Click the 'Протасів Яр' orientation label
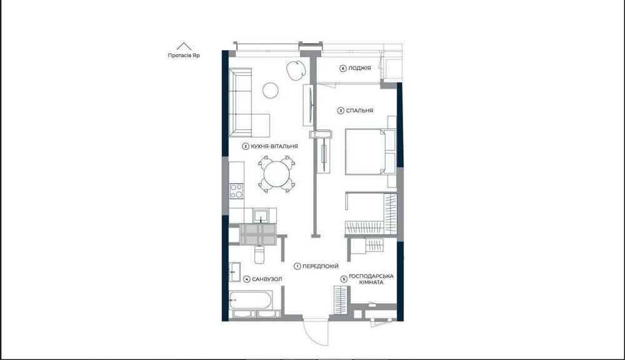pyautogui.click(x=184, y=56)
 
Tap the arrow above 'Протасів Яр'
pyautogui.click(x=184, y=46)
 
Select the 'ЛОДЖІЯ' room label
pyautogui.click(x=359, y=68)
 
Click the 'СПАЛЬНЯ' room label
pyautogui.click(x=359, y=111)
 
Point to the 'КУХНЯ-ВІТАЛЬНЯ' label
pyautogui.click(x=274, y=146)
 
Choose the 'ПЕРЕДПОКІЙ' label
pyautogui.click(x=321, y=266)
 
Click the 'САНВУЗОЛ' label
pyautogui.click(x=267, y=279)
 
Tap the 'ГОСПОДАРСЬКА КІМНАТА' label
pyautogui.click(x=371, y=279)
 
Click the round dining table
pyautogui.click(x=277, y=174)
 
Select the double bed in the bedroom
pyautogui.click(x=370, y=151)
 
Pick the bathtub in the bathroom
pyautogui.click(x=251, y=301)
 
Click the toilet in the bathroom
pyautogui.click(x=259, y=254)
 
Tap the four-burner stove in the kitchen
pyautogui.click(x=236, y=191)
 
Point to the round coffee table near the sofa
pyautogui.click(x=271, y=90)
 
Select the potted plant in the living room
pyautogui.click(x=296, y=71)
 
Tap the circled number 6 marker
pyautogui.click(x=342, y=68)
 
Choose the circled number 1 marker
pyautogui.click(x=297, y=266)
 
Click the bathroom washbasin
pyautogui.click(x=235, y=272)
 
